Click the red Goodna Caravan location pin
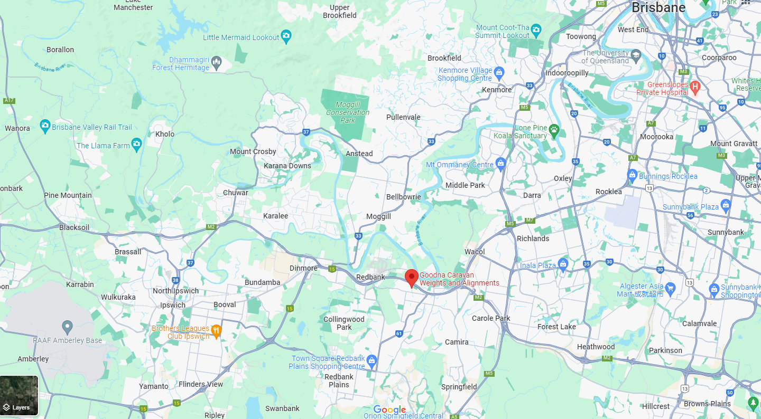pos(412,277)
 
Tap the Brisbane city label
pos(658,8)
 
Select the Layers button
pos(20,396)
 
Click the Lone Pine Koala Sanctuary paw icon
pos(553,129)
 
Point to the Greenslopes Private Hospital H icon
pos(695,86)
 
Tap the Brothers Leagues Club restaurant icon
pos(216,330)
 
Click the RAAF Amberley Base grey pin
pos(67,327)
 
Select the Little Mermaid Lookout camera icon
pos(286,36)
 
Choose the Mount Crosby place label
pos(253,151)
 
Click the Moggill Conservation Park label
pos(348,112)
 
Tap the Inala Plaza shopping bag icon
pos(563,264)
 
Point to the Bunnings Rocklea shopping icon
pos(632,175)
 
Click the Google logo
pos(389,410)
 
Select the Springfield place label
pos(459,387)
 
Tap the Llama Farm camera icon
pos(136,144)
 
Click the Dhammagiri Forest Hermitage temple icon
pos(217,64)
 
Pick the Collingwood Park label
pos(344,323)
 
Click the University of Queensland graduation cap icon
pos(635,54)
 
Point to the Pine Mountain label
pos(68,195)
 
